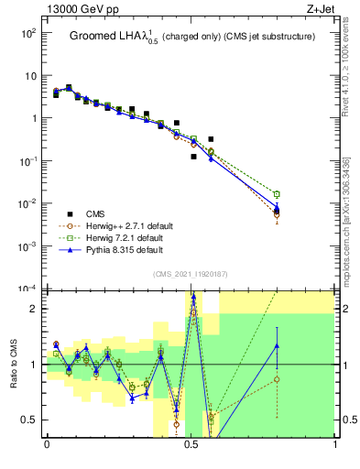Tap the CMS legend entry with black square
(92, 213)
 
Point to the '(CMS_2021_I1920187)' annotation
(190, 274)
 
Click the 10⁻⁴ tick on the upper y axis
(28, 288)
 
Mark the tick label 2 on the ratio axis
(37, 309)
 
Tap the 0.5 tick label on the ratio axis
(32, 420)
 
